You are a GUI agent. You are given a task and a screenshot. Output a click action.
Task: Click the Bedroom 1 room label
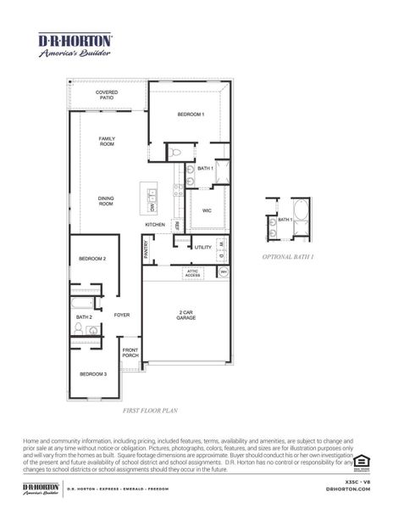tap(191, 114)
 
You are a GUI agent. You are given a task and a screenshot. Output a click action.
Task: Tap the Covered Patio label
tap(107, 95)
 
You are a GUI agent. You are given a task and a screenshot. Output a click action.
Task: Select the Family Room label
tap(107, 142)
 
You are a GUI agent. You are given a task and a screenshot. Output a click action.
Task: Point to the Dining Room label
tap(106, 201)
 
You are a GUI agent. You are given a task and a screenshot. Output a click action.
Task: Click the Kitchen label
tap(155, 224)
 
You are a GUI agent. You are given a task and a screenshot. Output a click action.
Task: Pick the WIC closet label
tap(207, 210)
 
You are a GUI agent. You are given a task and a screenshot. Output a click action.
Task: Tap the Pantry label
tap(146, 249)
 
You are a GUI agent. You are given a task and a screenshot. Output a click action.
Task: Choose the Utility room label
tap(203, 247)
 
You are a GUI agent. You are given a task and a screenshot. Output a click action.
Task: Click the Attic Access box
tap(193, 273)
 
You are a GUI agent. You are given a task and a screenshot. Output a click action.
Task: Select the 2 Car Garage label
tap(186, 315)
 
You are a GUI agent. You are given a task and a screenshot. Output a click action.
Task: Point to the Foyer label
tap(122, 315)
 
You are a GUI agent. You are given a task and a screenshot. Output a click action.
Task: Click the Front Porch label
tap(130, 353)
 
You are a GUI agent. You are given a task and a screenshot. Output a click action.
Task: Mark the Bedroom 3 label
tap(93, 374)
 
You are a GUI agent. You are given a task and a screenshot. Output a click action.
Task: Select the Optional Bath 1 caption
tap(288, 255)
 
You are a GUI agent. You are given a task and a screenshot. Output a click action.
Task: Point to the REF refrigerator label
tap(177, 225)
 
